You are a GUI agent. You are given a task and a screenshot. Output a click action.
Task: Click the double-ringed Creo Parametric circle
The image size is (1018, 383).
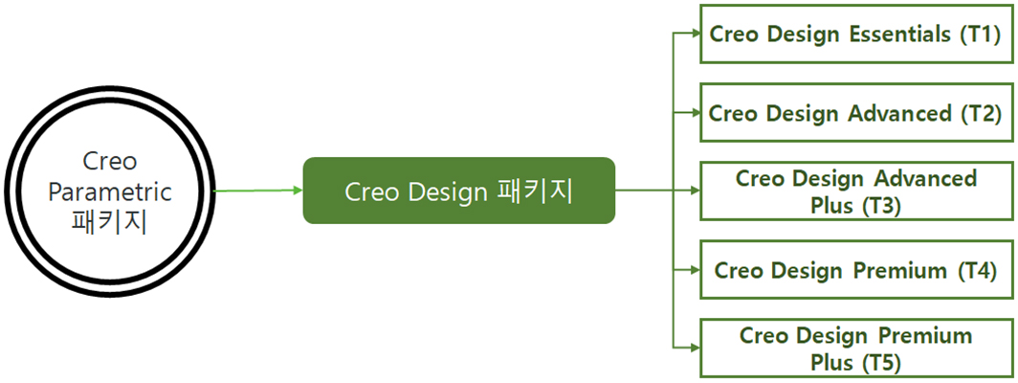coord(110,191)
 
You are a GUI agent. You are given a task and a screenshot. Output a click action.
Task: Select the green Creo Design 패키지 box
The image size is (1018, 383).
coord(458,191)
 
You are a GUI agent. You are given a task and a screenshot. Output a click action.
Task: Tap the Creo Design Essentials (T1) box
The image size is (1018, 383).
coord(854,34)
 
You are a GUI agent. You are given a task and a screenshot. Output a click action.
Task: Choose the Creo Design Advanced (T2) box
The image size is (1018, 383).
coord(854,113)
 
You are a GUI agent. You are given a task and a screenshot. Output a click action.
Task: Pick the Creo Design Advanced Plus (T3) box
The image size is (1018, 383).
coord(854,191)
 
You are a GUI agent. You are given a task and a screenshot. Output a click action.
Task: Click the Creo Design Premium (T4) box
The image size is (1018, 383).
coord(854,270)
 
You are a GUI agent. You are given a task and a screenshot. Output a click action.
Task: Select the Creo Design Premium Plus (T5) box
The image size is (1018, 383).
coord(854,349)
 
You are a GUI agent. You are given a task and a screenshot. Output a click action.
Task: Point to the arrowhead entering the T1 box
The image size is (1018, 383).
coord(696,34)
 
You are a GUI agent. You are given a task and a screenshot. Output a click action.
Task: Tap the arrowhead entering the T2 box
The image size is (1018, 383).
coord(696,113)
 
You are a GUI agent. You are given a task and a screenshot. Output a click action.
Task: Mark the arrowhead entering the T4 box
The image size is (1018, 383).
coord(696,270)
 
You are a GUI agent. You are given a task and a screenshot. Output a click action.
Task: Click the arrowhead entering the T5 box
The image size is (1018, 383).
coord(696,349)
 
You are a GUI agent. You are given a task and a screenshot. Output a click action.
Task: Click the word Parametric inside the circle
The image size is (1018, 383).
coord(110,191)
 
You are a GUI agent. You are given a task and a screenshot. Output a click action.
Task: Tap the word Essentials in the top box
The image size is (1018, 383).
coord(899,34)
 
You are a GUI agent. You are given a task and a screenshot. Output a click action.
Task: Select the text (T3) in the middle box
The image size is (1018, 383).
coord(880,204)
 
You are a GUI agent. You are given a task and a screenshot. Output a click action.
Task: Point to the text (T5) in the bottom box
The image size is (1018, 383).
coord(880,362)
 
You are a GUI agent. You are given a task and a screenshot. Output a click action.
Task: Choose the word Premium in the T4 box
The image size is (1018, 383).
coord(899,270)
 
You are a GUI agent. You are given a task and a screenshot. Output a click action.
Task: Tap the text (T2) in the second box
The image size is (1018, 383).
coord(979,113)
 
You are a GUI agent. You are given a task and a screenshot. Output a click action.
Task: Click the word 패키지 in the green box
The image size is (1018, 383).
coord(535,191)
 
